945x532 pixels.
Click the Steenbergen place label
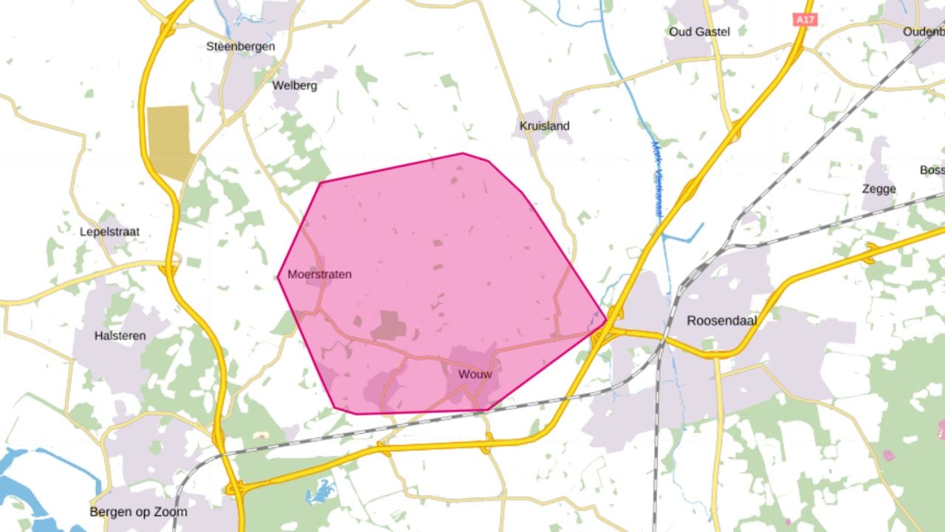240,47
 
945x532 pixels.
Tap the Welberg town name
295,86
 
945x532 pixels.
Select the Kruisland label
544,126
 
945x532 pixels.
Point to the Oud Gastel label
698,32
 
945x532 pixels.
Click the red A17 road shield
805,20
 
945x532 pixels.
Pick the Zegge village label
879,189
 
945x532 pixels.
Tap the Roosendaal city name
721,321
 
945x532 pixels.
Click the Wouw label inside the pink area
475,375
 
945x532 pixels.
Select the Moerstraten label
319,275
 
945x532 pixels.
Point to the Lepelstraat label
109,232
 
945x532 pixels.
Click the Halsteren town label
120,336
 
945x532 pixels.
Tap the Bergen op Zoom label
138,512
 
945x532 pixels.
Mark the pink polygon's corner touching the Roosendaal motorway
606,321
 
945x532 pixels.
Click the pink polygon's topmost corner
463,154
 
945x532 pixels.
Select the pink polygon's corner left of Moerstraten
278,277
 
